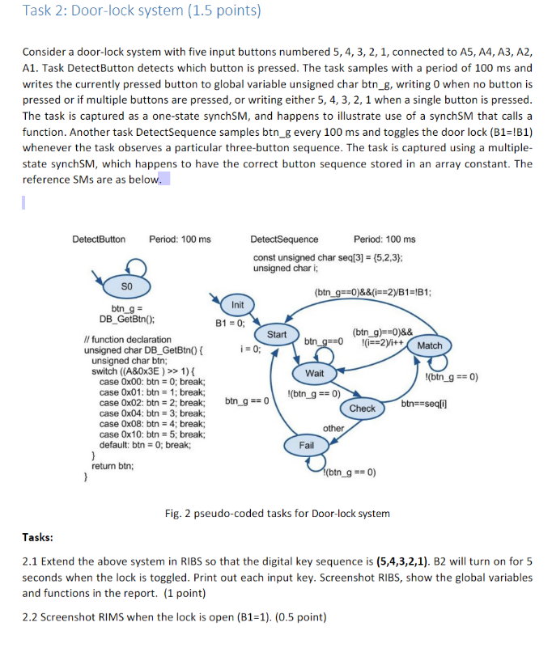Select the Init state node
coord(237,305)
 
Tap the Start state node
coord(277,334)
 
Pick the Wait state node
coord(314,373)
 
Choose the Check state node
coord(362,409)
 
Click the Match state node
coord(429,345)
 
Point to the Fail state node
coord(307,446)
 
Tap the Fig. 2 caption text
coord(277,513)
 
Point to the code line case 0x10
coord(151,434)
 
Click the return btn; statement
coord(113,466)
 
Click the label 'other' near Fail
coord(333,428)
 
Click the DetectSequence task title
coord(284,239)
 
